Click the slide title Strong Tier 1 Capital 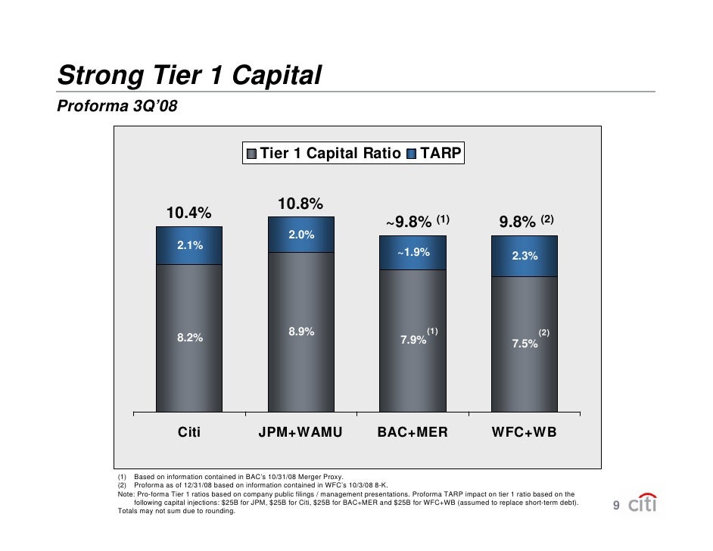click(x=190, y=76)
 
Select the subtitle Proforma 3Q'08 click(x=117, y=106)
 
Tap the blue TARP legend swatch click(x=412, y=154)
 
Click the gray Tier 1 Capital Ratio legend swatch click(x=251, y=154)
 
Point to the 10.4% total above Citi click(x=188, y=213)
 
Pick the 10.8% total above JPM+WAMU click(x=300, y=204)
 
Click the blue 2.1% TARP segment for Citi click(x=189, y=245)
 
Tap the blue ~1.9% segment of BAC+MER click(x=413, y=252)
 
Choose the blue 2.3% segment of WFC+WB click(x=525, y=257)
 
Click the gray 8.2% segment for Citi click(x=189, y=338)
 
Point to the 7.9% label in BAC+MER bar click(x=413, y=340)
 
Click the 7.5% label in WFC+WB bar click(x=525, y=343)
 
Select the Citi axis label click(x=188, y=433)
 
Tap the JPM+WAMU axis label click(x=300, y=433)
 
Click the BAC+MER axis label click(x=413, y=433)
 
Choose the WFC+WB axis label click(x=525, y=433)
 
